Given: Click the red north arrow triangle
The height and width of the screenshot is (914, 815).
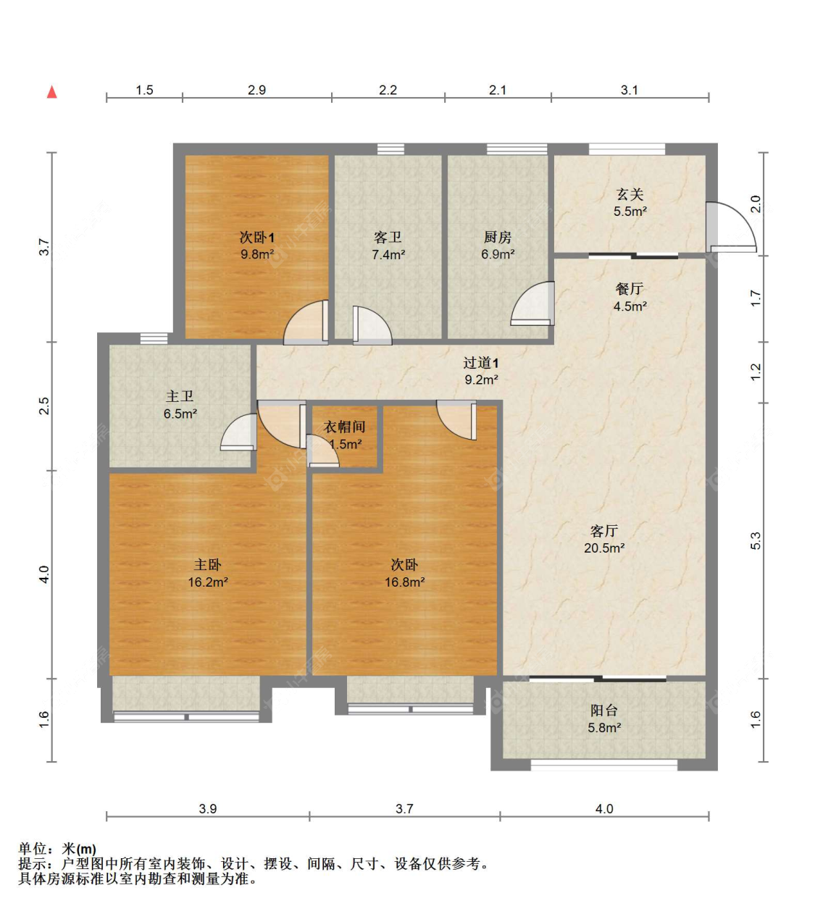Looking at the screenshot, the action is point(52,92).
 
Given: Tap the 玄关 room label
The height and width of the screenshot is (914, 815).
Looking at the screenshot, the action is point(630,194).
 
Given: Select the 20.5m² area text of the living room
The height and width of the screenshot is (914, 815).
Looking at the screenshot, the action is point(603,548).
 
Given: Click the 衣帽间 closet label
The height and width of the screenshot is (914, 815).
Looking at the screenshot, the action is point(344,427).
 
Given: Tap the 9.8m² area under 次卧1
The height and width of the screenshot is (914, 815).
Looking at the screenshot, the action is point(257,254).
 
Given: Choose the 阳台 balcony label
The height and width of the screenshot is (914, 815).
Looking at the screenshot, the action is point(603,710).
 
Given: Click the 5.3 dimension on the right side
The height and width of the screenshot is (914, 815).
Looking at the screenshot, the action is point(756,541).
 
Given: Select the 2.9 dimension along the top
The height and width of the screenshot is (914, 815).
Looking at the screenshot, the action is point(256,91).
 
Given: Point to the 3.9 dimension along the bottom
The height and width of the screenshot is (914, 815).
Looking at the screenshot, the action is point(208,809).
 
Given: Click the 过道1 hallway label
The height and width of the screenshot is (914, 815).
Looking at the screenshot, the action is point(481,363).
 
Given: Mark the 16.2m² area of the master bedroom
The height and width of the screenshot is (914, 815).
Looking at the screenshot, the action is point(208,582).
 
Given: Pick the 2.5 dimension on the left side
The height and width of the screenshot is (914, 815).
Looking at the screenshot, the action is point(43,406).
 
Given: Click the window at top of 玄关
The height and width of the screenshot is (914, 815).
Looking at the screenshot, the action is point(627,149).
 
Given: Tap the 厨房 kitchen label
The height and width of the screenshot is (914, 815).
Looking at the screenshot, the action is point(498,237).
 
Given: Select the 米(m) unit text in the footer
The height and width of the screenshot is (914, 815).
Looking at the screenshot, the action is point(79,849).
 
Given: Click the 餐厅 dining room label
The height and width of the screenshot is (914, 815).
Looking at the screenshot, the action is point(630,289).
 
